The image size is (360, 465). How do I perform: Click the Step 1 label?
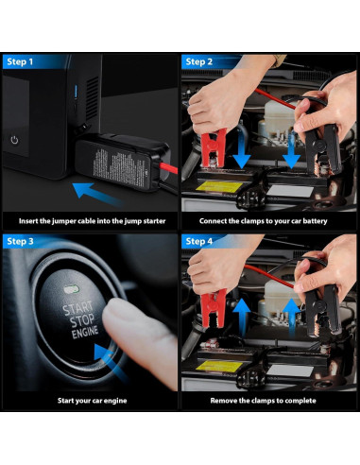20,61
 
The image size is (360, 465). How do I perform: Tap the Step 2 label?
199,61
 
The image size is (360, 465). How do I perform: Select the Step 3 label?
20,241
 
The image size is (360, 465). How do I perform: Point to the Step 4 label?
199,241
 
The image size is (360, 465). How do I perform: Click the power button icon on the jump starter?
14,140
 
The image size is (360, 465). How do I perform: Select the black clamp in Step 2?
323,147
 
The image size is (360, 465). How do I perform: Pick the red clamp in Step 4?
214,308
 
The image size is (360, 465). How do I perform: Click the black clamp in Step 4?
323,310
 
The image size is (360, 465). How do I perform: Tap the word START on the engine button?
77,308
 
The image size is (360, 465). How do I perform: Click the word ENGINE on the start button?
85,333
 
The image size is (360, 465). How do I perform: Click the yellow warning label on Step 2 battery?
219,186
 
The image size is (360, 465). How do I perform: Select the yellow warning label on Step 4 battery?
219,366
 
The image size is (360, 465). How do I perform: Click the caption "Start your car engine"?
93,401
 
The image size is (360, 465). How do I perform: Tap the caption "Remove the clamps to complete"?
263,401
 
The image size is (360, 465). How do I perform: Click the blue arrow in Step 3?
111,362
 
